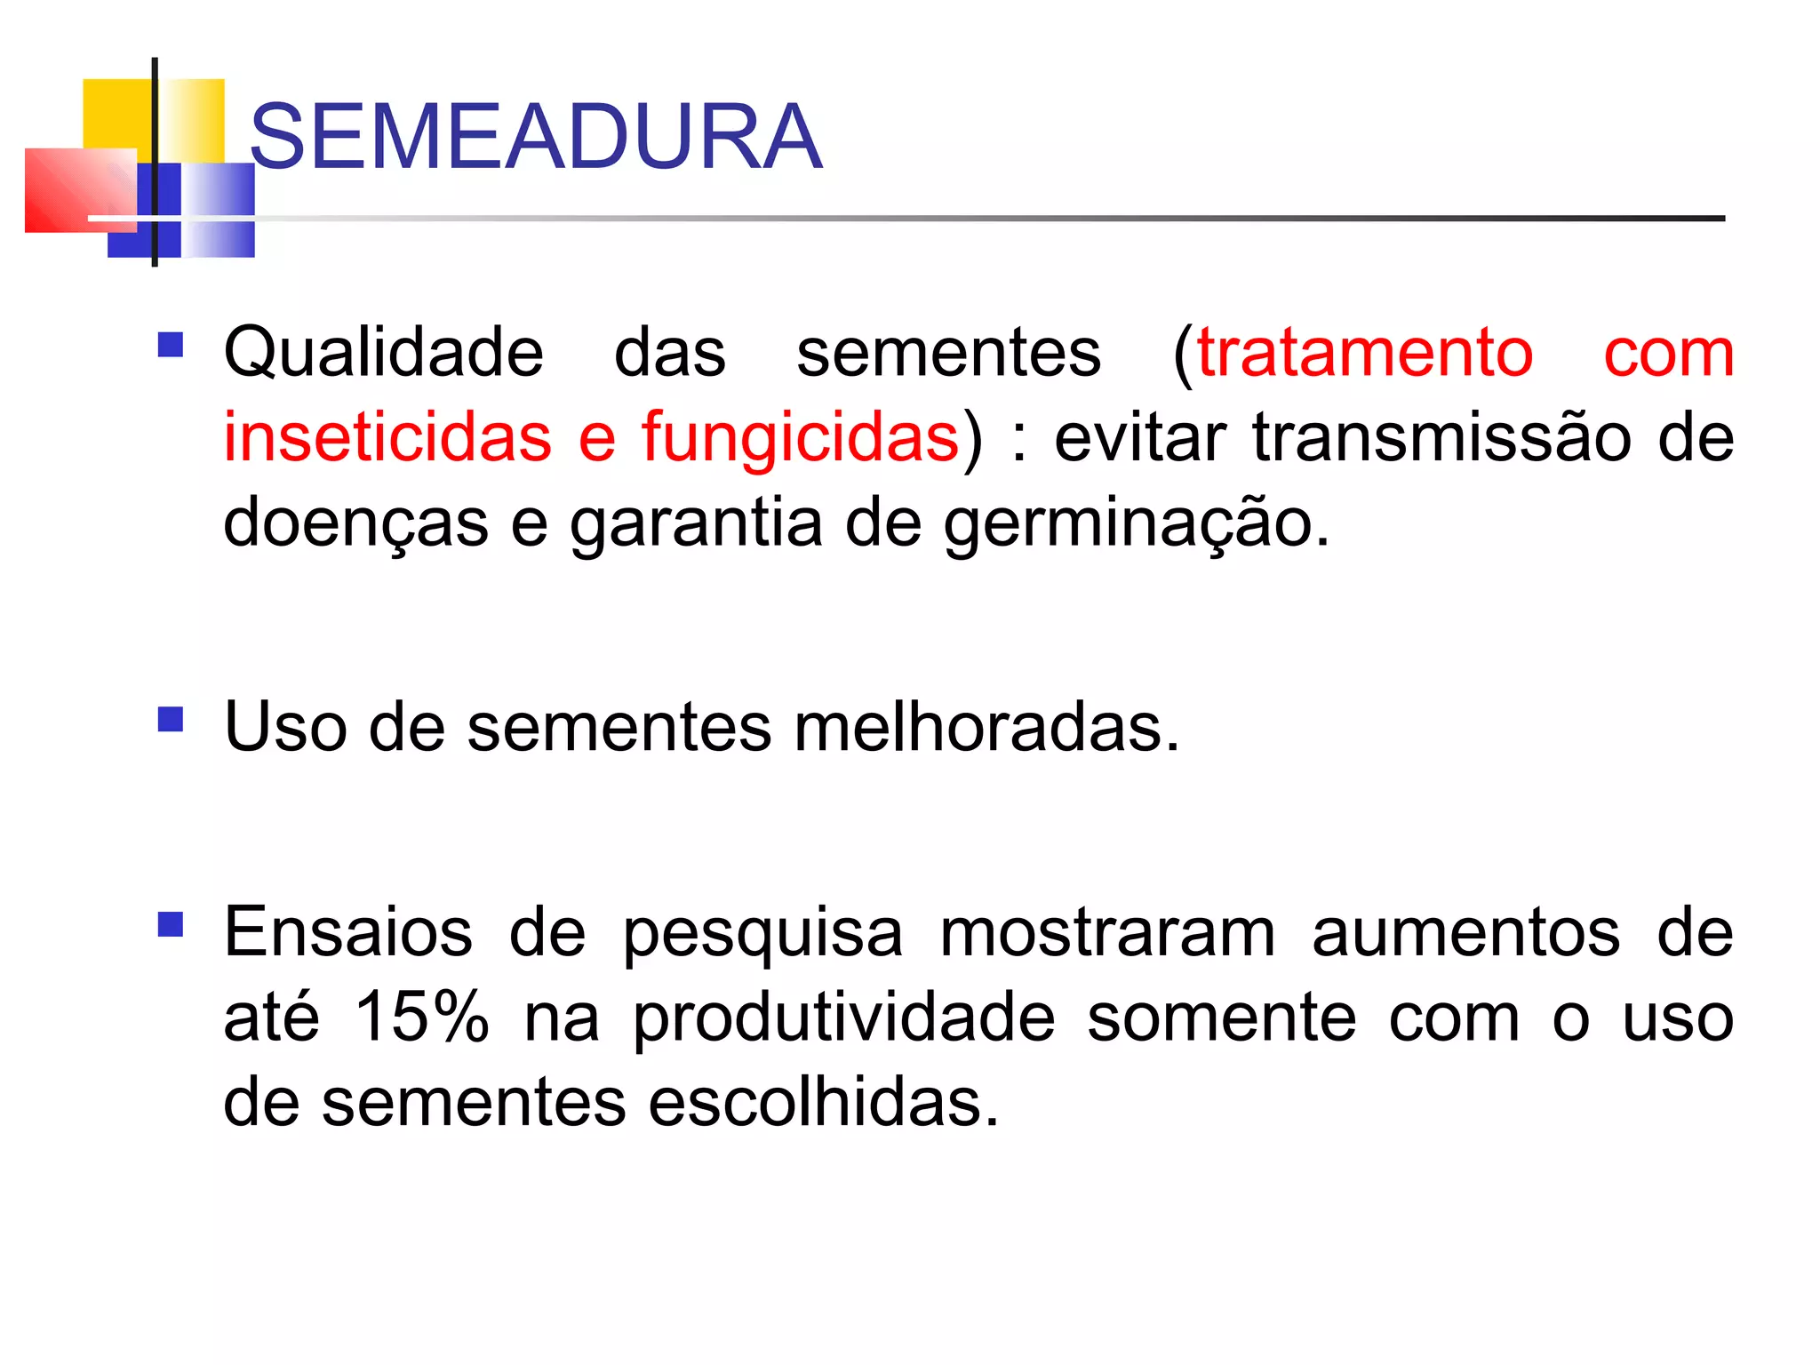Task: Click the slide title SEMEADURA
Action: tap(536, 137)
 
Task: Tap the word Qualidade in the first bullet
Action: tap(383, 353)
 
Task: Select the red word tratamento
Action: tap(1365, 353)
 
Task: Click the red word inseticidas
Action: tap(387, 437)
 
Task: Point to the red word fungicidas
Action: tap(800, 437)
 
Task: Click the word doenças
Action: tap(355, 523)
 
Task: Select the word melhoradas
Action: tap(986, 727)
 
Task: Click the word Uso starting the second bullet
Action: tap(285, 727)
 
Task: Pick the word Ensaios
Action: tap(347, 932)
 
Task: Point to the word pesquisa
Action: tap(762, 934)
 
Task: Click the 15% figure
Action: tap(421, 1017)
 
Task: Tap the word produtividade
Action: tap(844, 1018)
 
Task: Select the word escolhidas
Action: tap(824, 1102)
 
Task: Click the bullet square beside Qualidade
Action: tap(170, 344)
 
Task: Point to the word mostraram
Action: tap(1107, 932)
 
